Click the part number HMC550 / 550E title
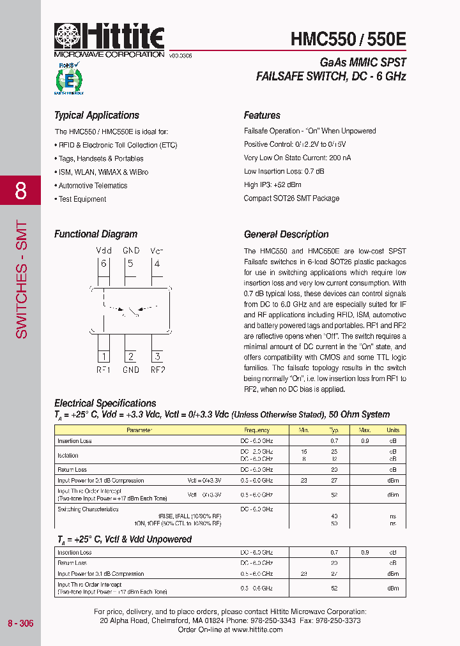(x=348, y=39)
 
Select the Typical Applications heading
(x=96, y=116)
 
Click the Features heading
(x=262, y=116)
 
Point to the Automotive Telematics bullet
(x=93, y=186)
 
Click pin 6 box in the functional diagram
(x=103, y=264)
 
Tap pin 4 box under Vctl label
(x=157, y=264)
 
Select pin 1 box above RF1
(x=103, y=357)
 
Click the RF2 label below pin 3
(x=158, y=370)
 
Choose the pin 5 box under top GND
(x=130, y=264)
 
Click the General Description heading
(x=286, y=234)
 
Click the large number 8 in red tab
(x=20, y=190)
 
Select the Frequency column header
(x=257, y=430)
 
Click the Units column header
(x=393, y=430)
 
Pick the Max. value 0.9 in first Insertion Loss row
(x=364, y=441)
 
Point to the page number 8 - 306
(x=20, y=623)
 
